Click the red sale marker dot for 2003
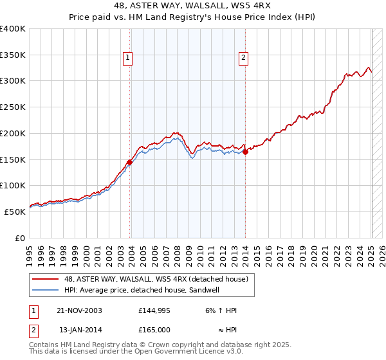click(130, 162)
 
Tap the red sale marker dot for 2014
click(246, 152)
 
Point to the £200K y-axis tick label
click(13, 133)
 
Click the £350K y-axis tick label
click(13, 55)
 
